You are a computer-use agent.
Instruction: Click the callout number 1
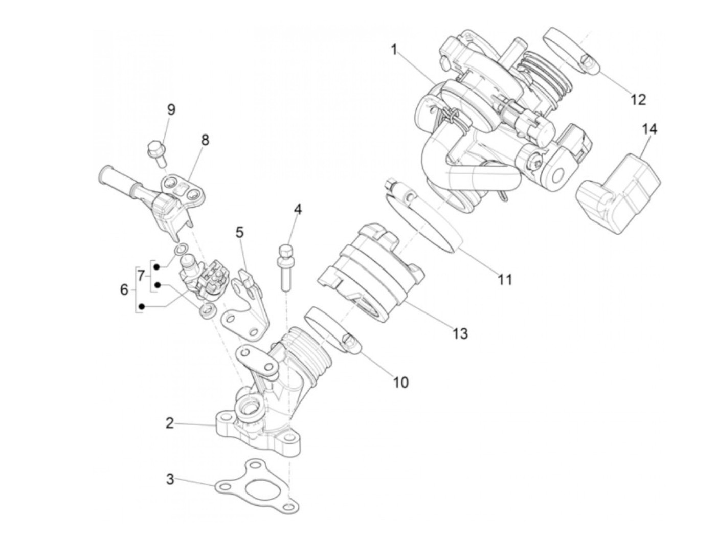(394, 50)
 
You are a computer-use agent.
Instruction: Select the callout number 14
(649, 129)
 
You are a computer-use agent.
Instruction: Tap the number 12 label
(638, 99)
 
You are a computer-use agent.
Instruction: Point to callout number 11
(505, 280)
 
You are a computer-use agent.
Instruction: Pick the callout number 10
(401, 382)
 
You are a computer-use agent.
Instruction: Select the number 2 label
(170, 423)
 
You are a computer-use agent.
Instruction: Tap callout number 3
(170, 480)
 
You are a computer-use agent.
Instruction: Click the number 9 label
(171, 109)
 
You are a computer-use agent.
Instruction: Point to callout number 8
(205, 140)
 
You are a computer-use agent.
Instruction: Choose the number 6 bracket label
(124, 290)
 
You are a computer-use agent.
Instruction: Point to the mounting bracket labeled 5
(247, 307)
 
